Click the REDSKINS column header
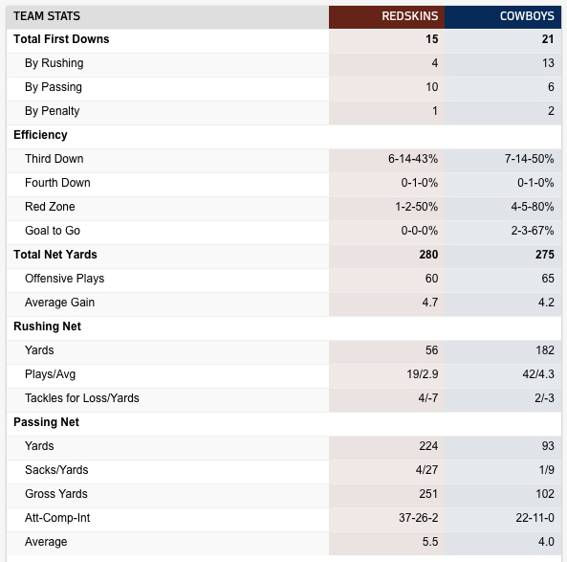(x=409, y=16)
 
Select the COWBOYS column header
(x=527, y=16)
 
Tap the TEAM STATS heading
(x=47, y=16)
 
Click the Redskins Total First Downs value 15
(x=432, y=39)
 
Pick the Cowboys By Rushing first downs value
(x=548, y=63)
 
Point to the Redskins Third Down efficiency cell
(x=413, y=159)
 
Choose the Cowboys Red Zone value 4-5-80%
(x=533, y=207)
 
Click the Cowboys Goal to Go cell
(x=533, y=231)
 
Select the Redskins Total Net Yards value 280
(x=428, y=255)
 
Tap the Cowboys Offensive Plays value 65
(x=548, y=279)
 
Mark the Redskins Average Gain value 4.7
(x=430, y=303)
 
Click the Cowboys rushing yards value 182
(x=545, y=350)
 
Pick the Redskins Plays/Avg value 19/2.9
(x=423, y=374)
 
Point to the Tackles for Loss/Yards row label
(x=81, y=398)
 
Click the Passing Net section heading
(x=46, y=422)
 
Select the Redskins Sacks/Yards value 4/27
(x=426, y=470)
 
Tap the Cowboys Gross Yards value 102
(x=545, y=494)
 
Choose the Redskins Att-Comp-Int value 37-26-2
(x=419, y=518)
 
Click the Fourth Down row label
(x=57, y=183)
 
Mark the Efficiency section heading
(x=40, y=135)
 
